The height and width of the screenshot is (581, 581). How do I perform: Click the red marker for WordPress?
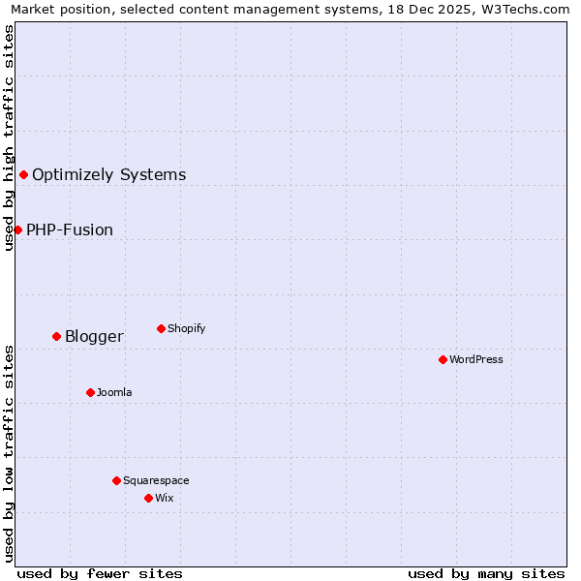pos(443,359)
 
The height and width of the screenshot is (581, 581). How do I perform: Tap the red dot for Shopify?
pos(161,328)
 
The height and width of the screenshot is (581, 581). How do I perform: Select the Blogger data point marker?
pos(56,336)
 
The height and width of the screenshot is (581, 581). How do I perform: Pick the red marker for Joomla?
pos(90,392)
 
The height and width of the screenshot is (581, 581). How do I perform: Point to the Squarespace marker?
pos(116,480)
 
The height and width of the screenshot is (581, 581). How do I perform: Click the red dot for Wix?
pos(148,498)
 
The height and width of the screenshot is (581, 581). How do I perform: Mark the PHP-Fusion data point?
pos(17,229)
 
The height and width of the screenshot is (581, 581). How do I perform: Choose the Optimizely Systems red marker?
pos(23,174)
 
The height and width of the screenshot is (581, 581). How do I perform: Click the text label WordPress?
pos(476,359)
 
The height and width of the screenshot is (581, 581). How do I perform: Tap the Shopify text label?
pos(187,328)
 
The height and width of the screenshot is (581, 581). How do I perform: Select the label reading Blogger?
pos(94,337)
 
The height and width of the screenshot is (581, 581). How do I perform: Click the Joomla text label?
pos(114,392)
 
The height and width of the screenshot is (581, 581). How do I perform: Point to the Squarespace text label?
pos(156,480)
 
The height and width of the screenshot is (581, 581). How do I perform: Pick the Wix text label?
pos(165,498)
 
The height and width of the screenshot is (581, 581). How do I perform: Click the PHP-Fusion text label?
pos(70,230)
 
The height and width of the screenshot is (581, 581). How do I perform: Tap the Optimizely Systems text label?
pos(109,175)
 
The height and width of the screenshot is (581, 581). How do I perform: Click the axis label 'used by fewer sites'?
pos(100,573)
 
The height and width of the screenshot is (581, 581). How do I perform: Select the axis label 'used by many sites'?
pos(486,573)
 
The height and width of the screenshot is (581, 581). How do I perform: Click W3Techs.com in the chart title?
pos(529,10)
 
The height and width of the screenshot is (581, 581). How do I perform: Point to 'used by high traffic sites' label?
pos(10,138)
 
